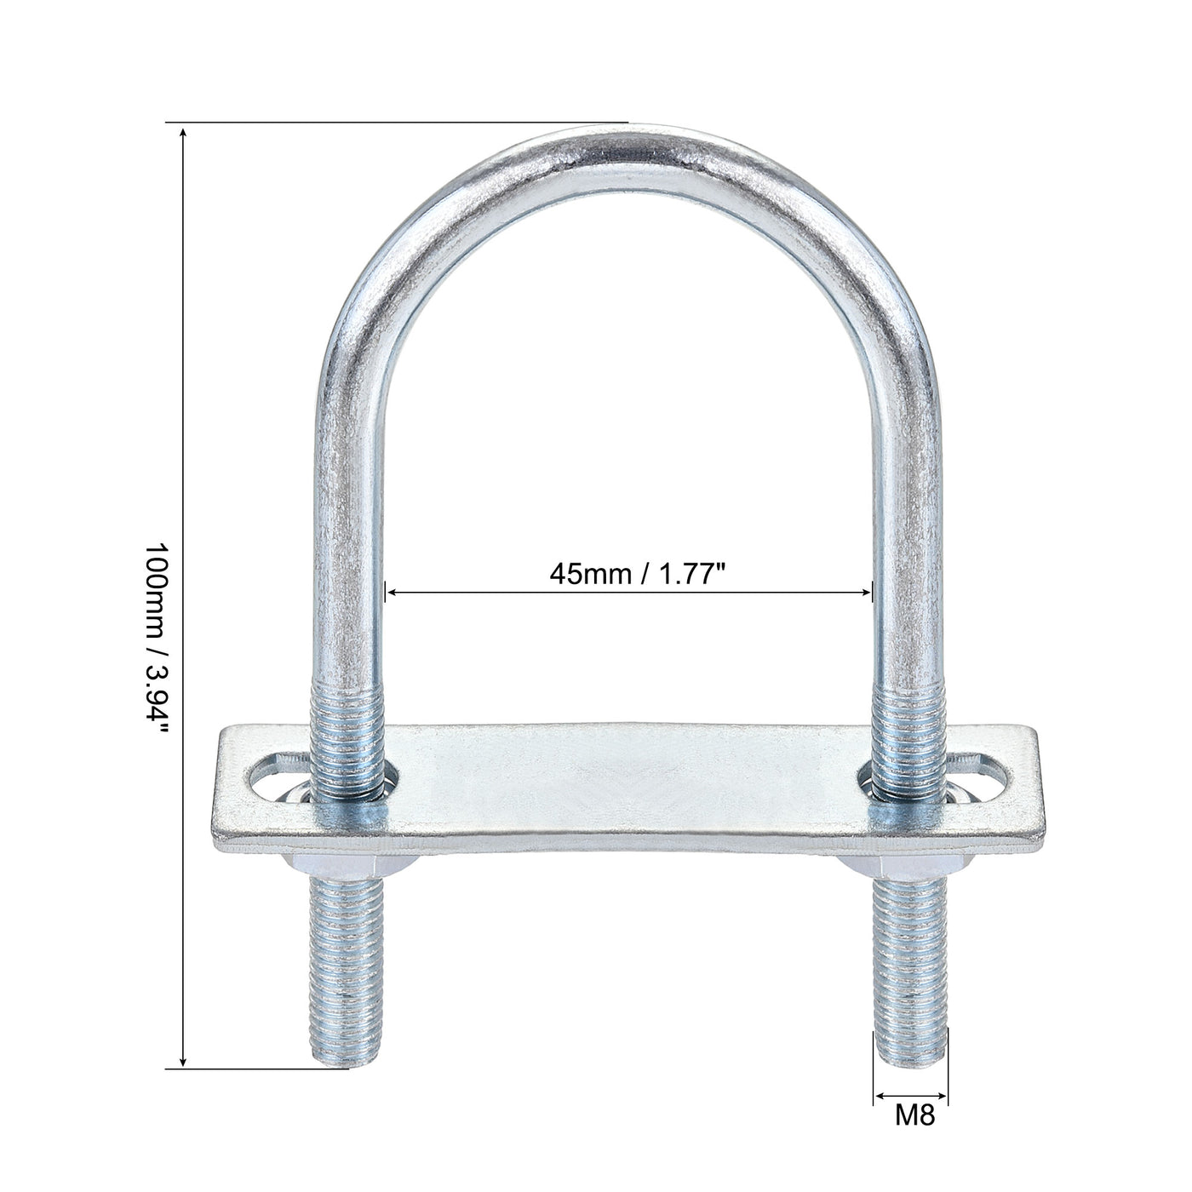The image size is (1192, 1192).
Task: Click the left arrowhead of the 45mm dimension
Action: coord(393,592)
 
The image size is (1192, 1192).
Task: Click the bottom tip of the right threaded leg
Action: coord(910,1060)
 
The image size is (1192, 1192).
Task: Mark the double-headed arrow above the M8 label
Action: coord(910,1096)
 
